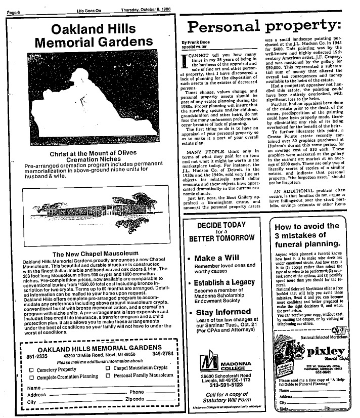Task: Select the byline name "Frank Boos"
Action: click(x=195, y=43)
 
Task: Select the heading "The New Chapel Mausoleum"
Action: click(x=93, y=254)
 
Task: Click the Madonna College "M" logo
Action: click(x=209, y=363)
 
